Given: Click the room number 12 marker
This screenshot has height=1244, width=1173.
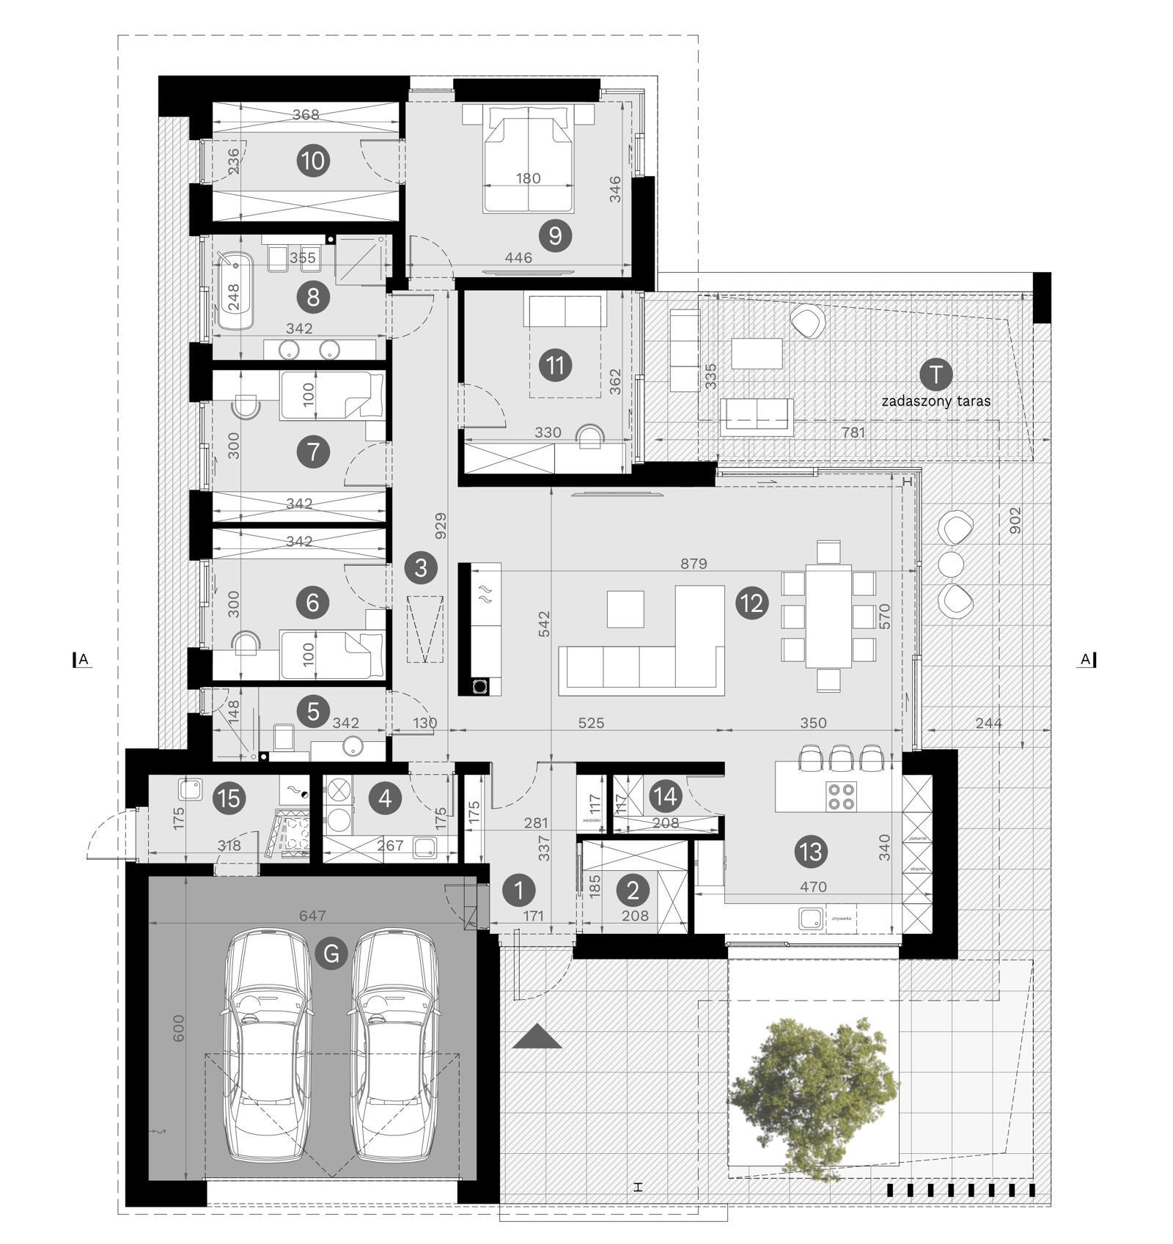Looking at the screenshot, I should pos(752,603).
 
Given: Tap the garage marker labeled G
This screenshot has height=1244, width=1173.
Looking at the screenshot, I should pos(331,954).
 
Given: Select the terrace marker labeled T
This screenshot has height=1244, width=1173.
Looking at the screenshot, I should pos(935,374).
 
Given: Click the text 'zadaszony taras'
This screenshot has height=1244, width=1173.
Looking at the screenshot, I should pos(935,401).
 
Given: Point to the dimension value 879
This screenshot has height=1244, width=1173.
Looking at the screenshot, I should pos(694,563).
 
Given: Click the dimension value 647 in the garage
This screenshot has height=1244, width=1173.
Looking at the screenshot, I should pos(312,916).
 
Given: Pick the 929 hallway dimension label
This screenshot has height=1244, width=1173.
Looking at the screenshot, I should pos(441,526).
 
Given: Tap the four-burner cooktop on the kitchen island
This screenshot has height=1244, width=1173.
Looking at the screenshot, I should pos(841,796).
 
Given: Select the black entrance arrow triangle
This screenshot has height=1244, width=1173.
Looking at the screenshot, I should pos(537,1037).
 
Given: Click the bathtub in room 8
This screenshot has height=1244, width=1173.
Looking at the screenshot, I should pos(235,290).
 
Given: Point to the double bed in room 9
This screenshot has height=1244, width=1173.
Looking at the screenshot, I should pos(528,158).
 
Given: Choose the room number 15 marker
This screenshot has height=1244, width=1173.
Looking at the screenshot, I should pos(229,798).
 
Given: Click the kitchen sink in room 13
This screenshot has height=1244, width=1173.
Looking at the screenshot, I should pos(809,919).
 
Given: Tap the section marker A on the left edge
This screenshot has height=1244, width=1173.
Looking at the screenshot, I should pos(83,660).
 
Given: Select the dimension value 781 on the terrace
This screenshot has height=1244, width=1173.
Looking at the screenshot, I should pos(853,433).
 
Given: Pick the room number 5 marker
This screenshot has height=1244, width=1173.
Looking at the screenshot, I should pos(313,710).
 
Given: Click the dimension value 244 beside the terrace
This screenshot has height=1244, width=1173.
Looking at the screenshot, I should pos(989,723).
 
